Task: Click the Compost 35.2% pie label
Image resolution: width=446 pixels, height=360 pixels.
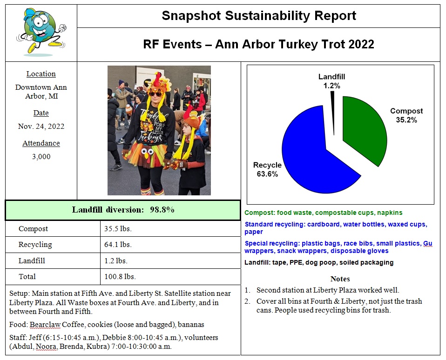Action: click(406, 115)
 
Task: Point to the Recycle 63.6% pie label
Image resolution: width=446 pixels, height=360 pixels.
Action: click(267, 169)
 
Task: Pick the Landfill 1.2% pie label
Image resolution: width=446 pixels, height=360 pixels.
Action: click(331, 81)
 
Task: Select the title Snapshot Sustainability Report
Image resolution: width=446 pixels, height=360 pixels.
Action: click(258, 16)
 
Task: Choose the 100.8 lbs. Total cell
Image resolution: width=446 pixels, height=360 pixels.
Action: click(120, 277)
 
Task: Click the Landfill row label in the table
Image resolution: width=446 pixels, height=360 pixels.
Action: click(32, 261)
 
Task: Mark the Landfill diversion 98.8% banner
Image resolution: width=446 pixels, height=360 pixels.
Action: click(123, 210)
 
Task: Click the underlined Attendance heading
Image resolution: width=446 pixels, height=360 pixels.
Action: click(41, 143)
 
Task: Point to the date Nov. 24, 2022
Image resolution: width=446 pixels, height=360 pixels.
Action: click(41, 127)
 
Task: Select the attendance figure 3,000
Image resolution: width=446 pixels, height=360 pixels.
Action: click(41, 157)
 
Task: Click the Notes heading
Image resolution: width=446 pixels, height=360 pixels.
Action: click(340, 279)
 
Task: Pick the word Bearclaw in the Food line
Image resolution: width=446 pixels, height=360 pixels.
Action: click(45, 325)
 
